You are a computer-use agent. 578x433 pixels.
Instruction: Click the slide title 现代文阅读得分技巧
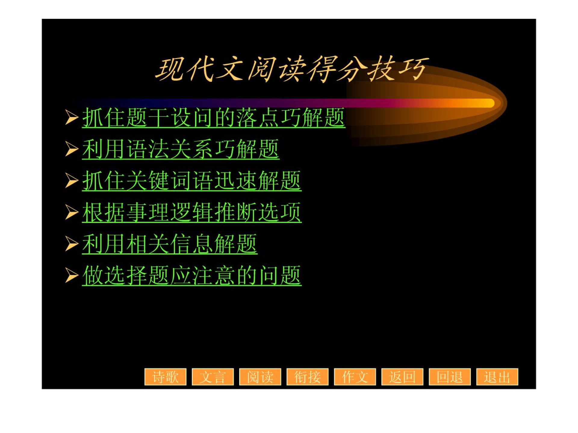[x=291, y=69]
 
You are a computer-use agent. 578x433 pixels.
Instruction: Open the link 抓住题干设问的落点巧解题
[x=213, y=117]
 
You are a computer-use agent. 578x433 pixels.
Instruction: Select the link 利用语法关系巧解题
[x=181, y=149]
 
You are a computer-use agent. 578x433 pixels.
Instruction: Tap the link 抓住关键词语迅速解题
[x=192, y=181]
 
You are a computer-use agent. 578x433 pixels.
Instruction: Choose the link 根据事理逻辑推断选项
[x=192, y=212]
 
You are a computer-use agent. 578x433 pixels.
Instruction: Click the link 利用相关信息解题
[x=170, y=244]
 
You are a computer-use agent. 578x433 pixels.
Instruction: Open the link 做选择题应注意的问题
[x=192, y=275]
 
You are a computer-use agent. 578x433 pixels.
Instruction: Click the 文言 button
[x=213, y=376]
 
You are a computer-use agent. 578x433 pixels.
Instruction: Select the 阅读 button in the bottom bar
[x=260, y=376]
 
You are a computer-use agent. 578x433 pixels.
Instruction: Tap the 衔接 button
[x=307, y=376]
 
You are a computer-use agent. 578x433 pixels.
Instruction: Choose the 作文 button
[x=355, y=376]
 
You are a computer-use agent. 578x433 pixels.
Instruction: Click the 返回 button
[x=402, y=376]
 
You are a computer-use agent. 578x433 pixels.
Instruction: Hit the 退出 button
[x=497, y=376]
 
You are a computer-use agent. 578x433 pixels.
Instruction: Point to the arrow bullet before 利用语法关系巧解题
[x=72, y=149]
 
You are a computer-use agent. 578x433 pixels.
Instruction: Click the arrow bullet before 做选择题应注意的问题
[x=72, y=275]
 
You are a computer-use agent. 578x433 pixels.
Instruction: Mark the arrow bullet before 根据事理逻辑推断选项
[x=72, y=212]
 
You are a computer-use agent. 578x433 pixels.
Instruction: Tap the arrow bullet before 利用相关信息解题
[x=72, y=244]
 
